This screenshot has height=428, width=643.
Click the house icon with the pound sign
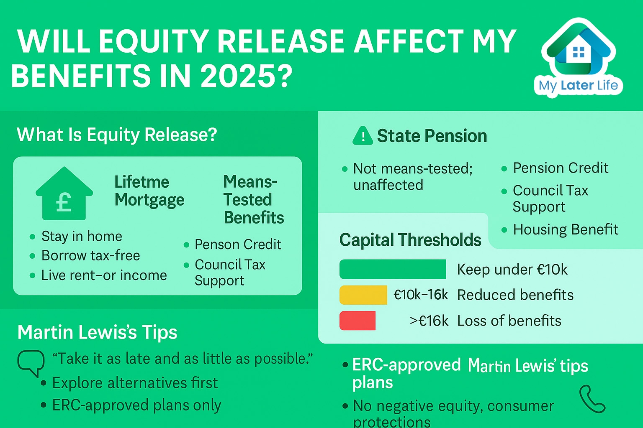pyautogui.click(x=64, y=194)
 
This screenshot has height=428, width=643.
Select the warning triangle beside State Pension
pyautogui.click(x=363, y=135)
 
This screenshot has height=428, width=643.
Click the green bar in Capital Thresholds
pyautogui.click(x=393, y=269)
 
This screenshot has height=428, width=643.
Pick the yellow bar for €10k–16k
pyautogui.click(x=363, y=295)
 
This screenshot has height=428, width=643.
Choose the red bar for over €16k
pyautogui.click(x=358, y=321)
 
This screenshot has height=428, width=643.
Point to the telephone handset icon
pyautogui.click(x=592, y=399)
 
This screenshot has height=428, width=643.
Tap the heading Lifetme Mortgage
pyautogui.click(x=149, y=191)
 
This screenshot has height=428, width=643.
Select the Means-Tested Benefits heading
pyautogui.click(x=254, y=199)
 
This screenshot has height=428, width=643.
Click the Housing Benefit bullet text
pyautogui.click(x=566, y=229)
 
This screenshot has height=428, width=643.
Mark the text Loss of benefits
pyautogui.click(x=509, y=321)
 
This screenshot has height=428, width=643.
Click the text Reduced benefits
pyautogui.click(x=515, y=295)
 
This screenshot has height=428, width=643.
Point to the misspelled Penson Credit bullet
pyautogui.click(x=238, y=244)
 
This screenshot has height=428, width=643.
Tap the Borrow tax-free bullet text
pyautogui.click(x=91, y=255)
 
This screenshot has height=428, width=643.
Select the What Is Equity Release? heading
pyautogui.click(x=117, y=135)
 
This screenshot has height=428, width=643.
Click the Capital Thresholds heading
pyautogui.click(x=410, y=239)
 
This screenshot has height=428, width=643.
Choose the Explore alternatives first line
pyautogui.click(x=135, y=383)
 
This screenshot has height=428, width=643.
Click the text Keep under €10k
pyautogui.click(x=512, y=270)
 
